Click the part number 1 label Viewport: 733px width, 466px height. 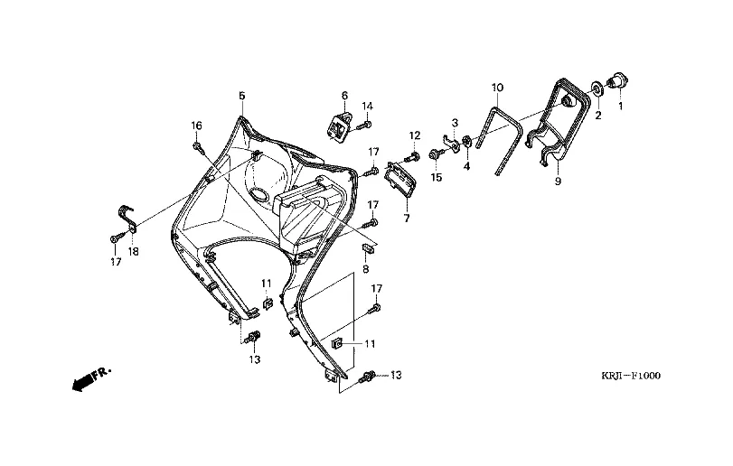pos(621,107)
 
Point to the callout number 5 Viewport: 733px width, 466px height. pos(241,96)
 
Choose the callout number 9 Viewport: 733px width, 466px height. pos(558,182)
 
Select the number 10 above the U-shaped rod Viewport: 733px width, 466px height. pos(497,88)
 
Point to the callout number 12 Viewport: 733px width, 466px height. pos(415,135)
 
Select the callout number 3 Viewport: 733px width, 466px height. pos(455,122)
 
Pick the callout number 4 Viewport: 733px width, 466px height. pos(467,166)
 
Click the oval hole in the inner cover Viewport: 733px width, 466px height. pos(258,194)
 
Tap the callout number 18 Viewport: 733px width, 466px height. pos(133,251)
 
